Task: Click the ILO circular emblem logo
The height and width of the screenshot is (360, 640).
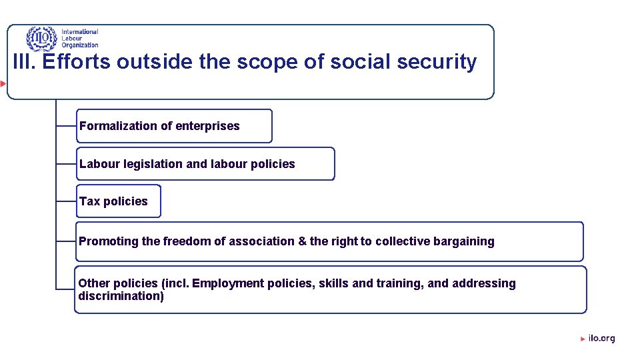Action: pos(42,39)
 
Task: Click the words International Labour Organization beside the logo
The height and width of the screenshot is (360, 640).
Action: pos(79,39)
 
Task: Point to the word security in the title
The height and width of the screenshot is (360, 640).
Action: pos(437,63)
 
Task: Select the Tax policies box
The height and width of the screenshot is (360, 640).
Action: pos(118,201)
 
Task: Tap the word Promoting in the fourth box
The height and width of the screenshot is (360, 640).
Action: pos(109,241)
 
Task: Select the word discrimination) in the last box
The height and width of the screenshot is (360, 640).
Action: pos(121,296)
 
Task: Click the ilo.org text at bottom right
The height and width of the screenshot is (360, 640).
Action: pos(602,338)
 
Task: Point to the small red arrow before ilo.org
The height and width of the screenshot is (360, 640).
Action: pos(583,339)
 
